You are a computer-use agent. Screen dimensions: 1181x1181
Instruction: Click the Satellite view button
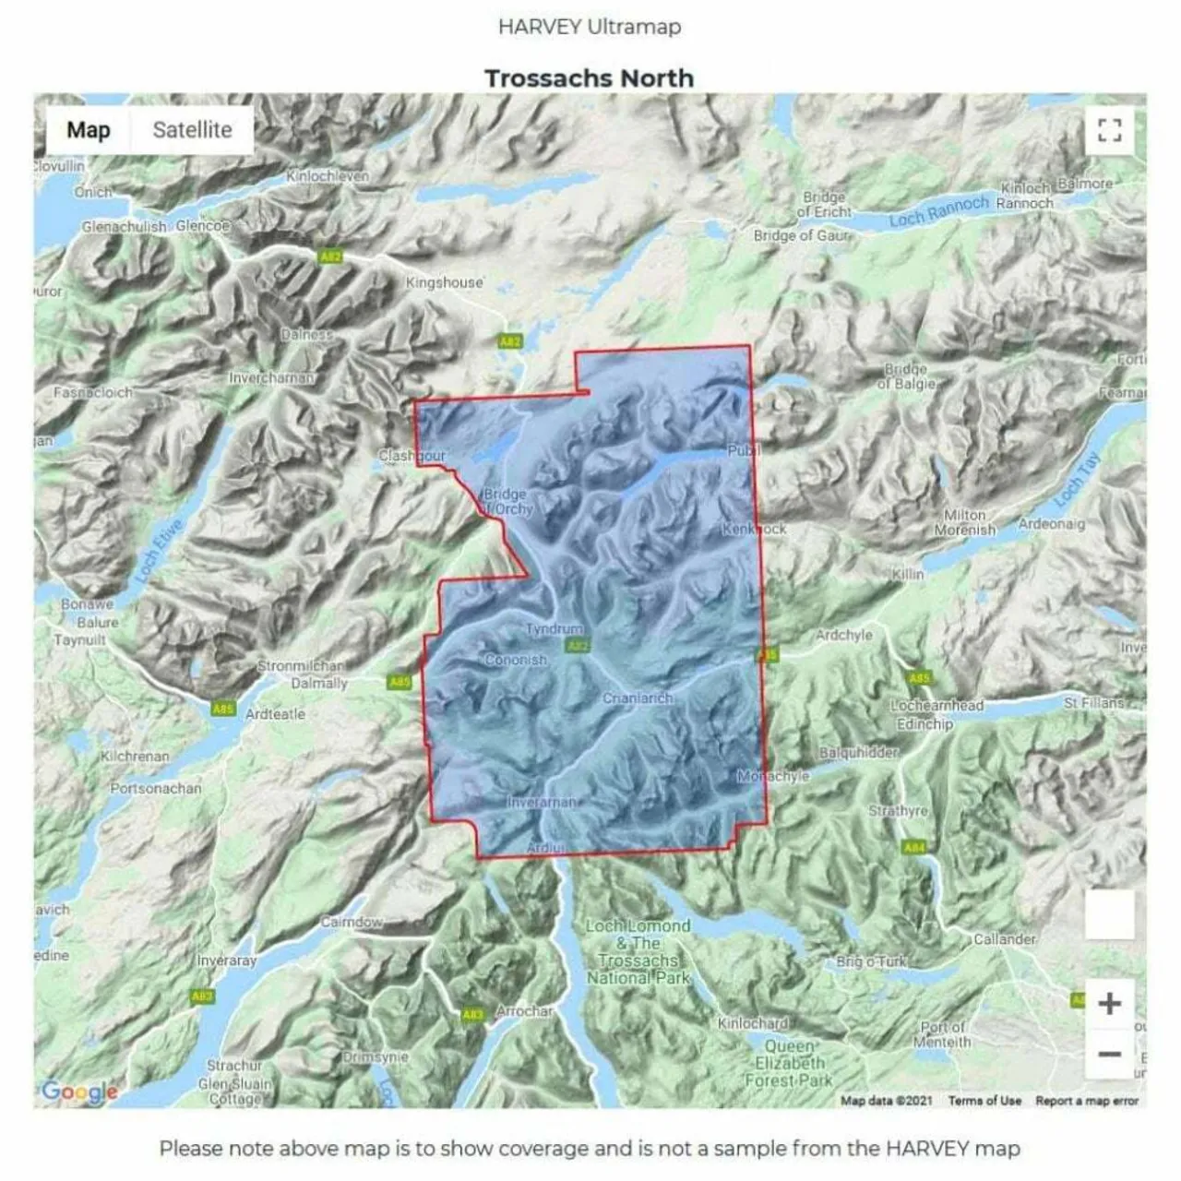[x=192, y=130]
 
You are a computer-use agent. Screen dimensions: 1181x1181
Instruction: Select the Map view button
[x=88, y=130]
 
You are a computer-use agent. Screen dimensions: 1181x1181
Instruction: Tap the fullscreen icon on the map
[x=1110, y=130]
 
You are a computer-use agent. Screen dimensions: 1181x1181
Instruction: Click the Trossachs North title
[x=589, y=78]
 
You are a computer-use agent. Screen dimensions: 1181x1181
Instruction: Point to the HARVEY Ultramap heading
[x=589, y=26]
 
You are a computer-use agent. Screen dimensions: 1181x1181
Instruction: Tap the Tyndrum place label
[x=554, y=628]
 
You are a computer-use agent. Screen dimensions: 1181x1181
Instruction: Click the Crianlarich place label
[x=637, y=698]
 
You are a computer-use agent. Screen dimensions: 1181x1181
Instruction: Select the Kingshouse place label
[x=445, y=282]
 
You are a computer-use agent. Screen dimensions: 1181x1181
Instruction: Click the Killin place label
[x=907, y=574]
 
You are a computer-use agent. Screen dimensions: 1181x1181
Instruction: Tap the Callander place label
[x=1005, y=939]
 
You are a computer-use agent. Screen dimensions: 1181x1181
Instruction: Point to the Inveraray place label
[x=227, y=960]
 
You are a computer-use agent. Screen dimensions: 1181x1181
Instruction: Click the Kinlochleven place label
[x=328, y=175]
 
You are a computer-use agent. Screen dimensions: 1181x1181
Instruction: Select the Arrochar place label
[x=524, y=1011]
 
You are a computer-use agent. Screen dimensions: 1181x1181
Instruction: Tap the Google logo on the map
[x=79, y=1092]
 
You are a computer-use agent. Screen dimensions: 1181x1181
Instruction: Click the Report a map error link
[x=1087, y=1101]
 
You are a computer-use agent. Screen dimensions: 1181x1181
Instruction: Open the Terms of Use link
[x=984, y=1101]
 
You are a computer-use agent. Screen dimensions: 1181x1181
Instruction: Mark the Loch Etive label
[x=159, y=552]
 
